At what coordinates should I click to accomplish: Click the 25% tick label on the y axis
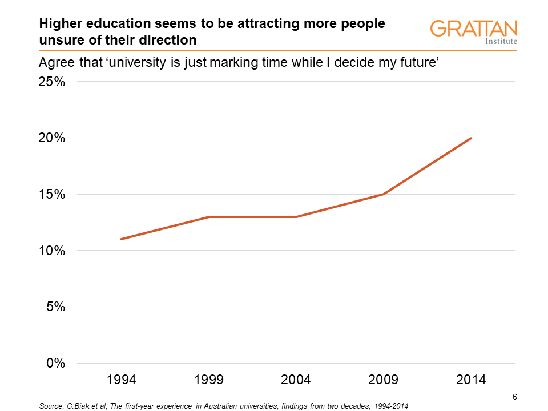tap(51, 82)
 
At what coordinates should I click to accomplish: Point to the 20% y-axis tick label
tap(51, 138)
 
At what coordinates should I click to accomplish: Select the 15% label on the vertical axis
tap(51, 194)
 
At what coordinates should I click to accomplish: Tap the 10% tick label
tap(51, 251)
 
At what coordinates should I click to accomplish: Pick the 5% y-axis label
tap(55, 307)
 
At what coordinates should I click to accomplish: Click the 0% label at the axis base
tap(55, 364)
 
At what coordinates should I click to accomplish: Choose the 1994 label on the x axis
tap(121, 380)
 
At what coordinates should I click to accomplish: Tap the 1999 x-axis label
tap(209, 380)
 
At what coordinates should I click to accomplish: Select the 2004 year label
tap(296, 380)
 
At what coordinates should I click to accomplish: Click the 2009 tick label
tap(384, 380)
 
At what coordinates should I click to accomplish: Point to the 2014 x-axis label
tap(472, 380)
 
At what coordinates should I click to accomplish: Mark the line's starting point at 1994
tap(121, 239)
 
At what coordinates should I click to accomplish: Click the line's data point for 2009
tap(384, 194)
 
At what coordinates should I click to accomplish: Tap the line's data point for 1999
tap(209, 217)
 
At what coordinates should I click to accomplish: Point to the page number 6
tap(514, 397)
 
